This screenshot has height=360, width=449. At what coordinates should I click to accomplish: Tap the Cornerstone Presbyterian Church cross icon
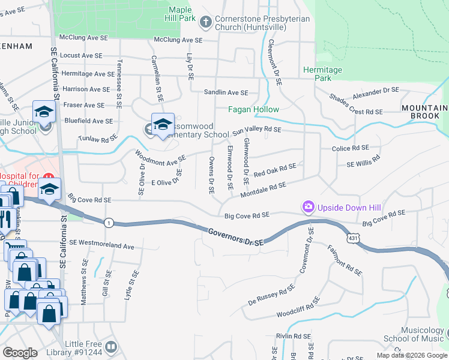click(x=206, y=23)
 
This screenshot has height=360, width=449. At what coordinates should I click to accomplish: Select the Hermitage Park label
click(x=322, y=74)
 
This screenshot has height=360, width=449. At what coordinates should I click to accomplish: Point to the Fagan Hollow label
click(x=253, y=110)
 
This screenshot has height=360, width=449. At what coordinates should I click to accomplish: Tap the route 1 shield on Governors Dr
click(x=109, y=222)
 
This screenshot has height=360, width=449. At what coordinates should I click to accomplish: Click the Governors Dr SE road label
click(x=237, y=236)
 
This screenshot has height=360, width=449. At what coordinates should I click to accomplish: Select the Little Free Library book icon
click(x=112, y=347)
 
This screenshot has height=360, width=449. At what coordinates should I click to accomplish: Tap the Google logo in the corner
click(x=20, y=353)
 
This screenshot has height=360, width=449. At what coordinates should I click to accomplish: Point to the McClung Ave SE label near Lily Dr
click(x=178, y=40)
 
